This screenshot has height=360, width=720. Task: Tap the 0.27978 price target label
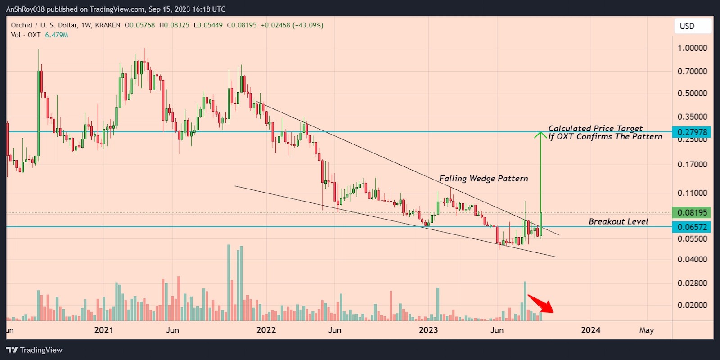(692, 132)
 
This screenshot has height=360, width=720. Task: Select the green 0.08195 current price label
(692, 212)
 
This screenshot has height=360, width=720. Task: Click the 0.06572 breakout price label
(692, 227)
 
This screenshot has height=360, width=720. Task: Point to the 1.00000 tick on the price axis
(692, 48)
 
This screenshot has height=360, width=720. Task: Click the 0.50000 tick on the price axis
(692, 94)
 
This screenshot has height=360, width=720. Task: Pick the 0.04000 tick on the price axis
(692, 259)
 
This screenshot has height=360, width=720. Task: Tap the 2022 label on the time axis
(266, 330)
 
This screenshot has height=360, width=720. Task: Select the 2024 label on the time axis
(590, 330)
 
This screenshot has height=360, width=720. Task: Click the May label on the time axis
(646, 330)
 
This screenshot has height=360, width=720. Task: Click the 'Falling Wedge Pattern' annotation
(483, 179)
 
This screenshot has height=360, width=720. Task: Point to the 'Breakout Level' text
(618, 221)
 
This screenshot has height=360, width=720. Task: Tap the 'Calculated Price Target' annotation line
(595, 129)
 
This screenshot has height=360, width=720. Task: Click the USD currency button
(693, 26)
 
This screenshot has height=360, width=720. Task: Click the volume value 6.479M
(57, 35)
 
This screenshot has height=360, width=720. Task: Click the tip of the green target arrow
(540, 133)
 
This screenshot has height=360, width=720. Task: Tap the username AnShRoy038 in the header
(25, 9)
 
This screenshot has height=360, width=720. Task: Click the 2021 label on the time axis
(103, 330)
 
